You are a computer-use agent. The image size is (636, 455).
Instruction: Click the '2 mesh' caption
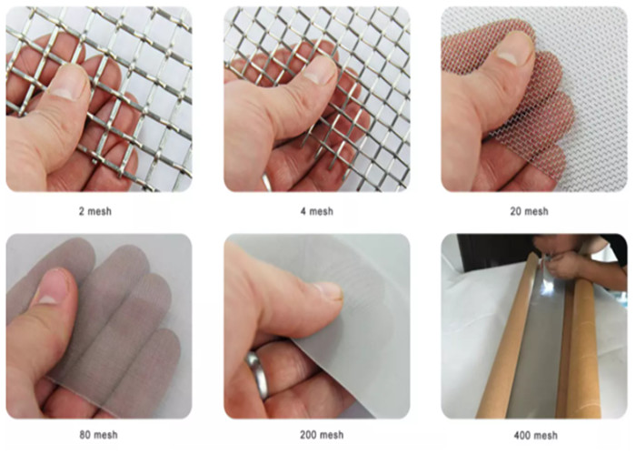pos(94,211)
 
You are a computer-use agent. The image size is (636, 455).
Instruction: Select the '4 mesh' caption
pos(317,211)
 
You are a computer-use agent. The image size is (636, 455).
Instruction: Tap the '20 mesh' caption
pos(529,211)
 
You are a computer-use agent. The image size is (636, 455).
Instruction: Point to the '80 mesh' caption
pos(98,435)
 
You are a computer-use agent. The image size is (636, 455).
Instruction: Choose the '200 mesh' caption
pos(322,435)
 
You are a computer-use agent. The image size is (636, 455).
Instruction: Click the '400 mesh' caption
pos(535,436)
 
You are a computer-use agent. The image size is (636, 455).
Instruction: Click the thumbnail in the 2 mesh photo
pos(68,83)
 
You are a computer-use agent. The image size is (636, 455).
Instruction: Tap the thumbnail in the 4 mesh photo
pos(321,69)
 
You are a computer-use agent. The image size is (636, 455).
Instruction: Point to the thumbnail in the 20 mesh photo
pos(513,48)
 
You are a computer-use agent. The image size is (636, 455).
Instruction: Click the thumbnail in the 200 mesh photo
pos(329,290)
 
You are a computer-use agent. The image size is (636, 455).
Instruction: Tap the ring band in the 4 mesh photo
pos(266,182)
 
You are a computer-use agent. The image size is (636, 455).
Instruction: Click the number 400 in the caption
pos(522,436)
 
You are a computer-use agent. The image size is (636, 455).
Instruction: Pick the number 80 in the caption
pos(84,435)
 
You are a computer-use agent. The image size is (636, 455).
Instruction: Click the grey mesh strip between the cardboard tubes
pos(540,345)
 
